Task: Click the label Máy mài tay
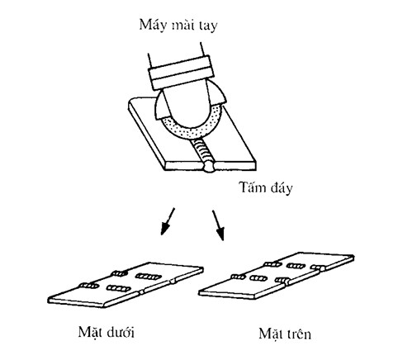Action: point(178,26)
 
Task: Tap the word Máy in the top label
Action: point(152,26)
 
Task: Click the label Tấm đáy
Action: point(266,188)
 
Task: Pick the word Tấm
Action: point(252,187)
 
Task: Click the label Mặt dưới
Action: point(107,333)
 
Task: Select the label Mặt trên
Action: point(285,334)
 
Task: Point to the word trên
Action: point(298,334)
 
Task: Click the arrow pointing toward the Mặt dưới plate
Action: point(168,221)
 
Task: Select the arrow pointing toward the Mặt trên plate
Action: point(218,225)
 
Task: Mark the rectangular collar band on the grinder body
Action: point(182,73)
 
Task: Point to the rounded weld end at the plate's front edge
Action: point(211,168)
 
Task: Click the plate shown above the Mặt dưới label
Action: point(126,285)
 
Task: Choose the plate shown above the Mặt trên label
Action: point(277,276)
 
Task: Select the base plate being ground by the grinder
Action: point(192,135)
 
